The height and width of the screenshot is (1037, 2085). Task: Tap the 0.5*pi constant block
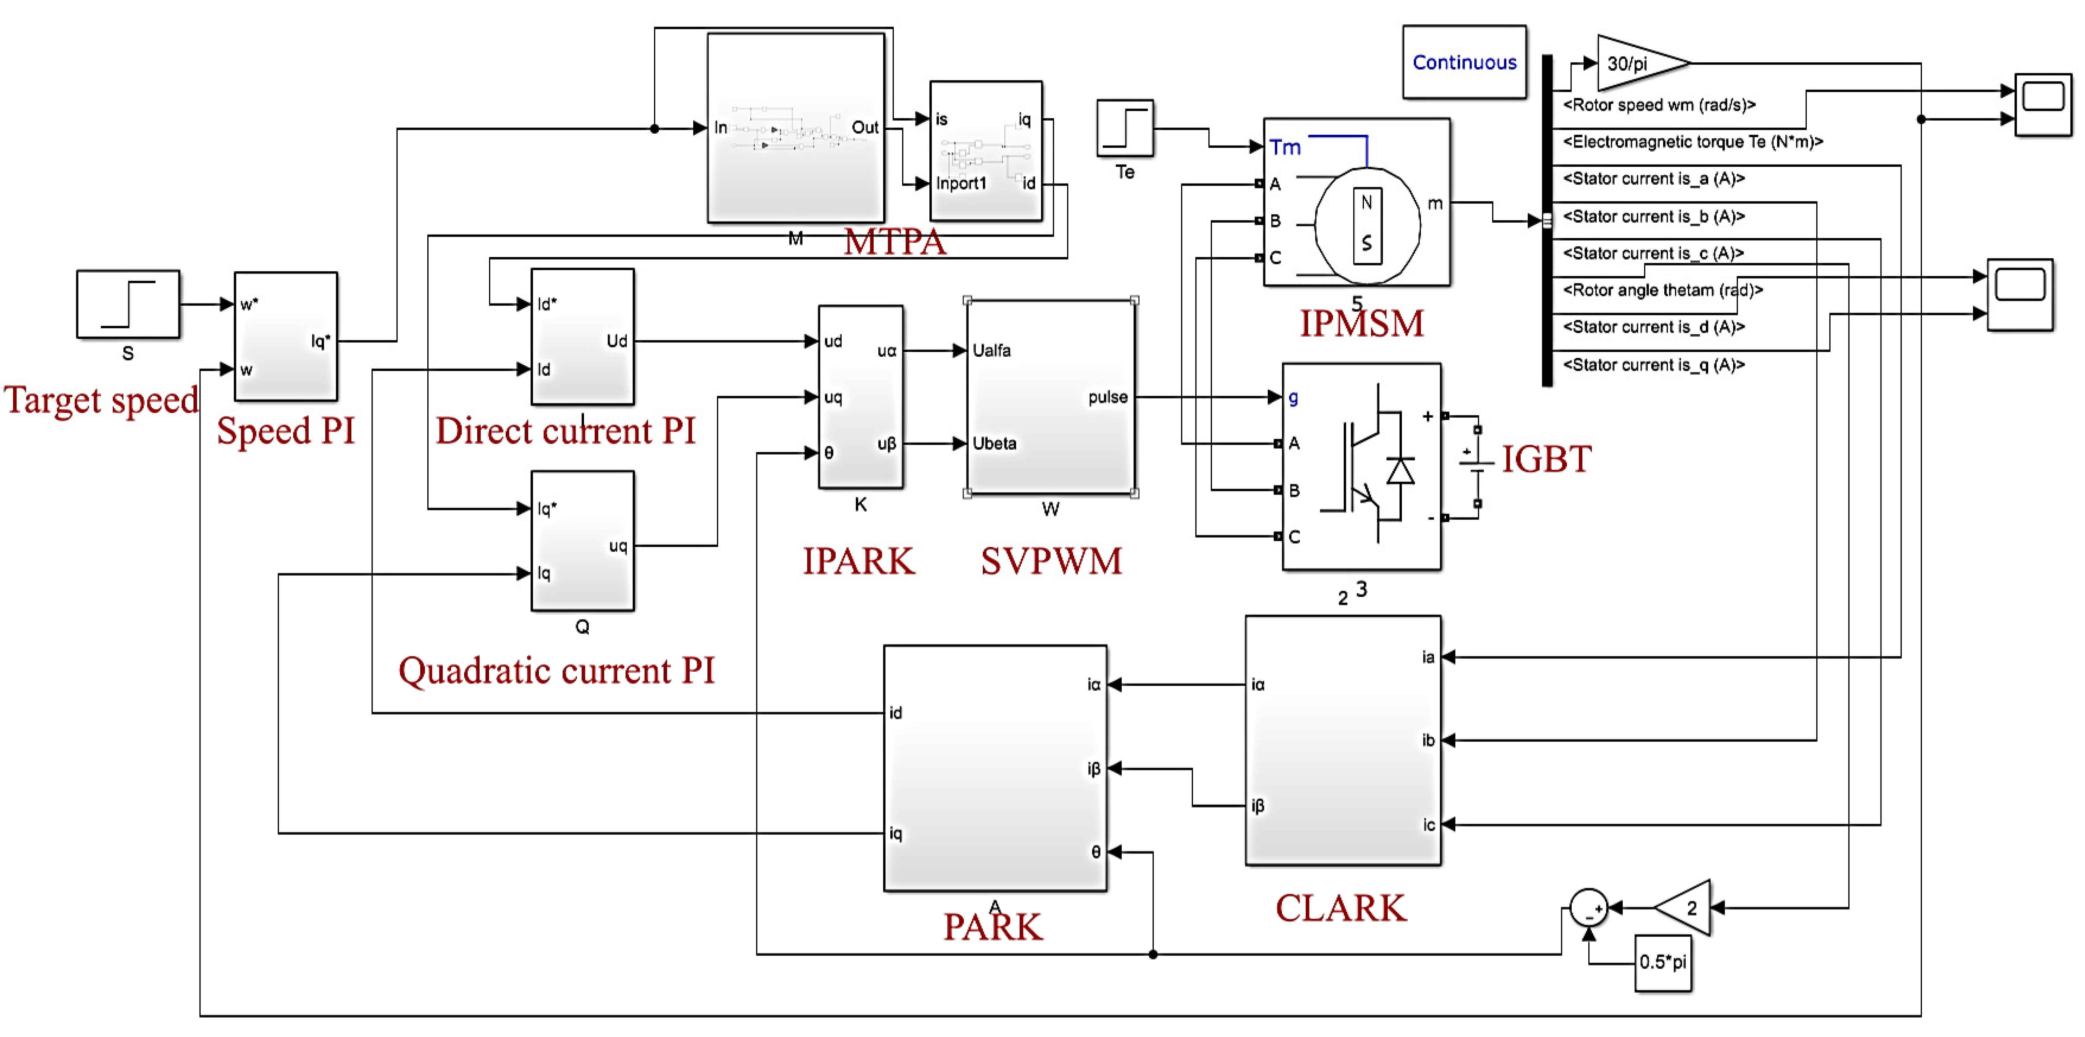click(1662, 962)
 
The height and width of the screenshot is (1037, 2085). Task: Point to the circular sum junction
click(1588, 908)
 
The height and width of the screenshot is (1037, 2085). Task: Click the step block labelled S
click(128, 305)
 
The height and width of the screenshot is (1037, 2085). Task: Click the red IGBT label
click(1546, 459)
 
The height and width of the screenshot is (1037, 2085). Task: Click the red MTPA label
click(895, 241)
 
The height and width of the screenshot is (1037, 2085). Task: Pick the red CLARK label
click(1340, 908)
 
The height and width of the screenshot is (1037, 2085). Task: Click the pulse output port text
click(1107, 397)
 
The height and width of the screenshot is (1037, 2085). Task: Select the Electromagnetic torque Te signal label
click(1692, 142)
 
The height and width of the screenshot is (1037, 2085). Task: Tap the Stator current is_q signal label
click(1653, 364)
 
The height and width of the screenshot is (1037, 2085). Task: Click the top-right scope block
click(2043, 105)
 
